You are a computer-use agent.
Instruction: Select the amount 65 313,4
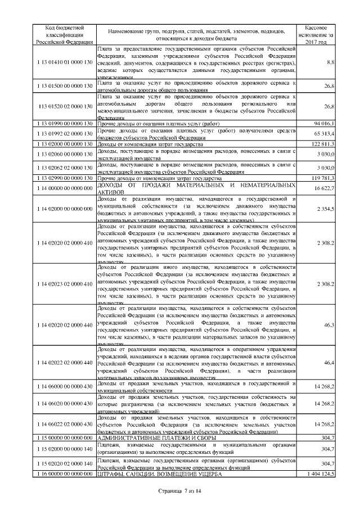(323, 134)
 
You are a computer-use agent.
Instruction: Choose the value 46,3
(330, 325)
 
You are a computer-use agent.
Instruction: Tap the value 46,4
(330, 364)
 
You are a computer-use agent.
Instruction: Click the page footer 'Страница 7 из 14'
(179, 492)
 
